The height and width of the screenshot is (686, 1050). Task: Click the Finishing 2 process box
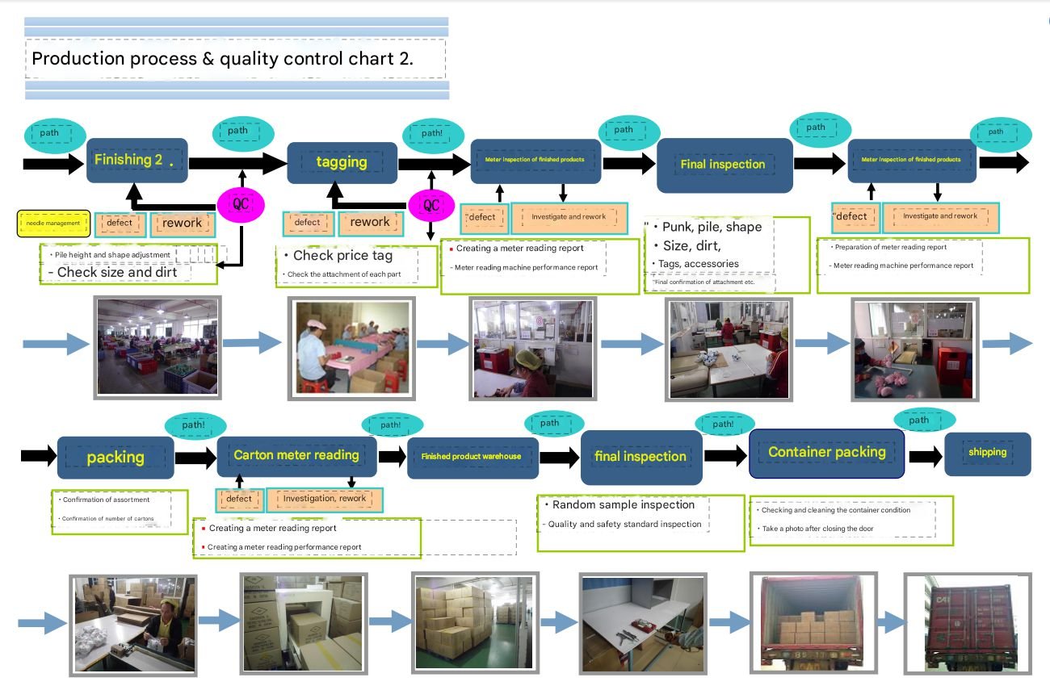pyautogui.click(x=137, y=160)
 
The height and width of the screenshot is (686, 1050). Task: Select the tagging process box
pyautogui.click(x=342, y=162)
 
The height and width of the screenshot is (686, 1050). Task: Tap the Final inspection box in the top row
pyautogui.click(x=723, y=165)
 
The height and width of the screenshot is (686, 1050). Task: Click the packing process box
pyautogui.click(x=115, y=458)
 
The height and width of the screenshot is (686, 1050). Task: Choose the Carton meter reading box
pyautogui.click(x=296, y=455)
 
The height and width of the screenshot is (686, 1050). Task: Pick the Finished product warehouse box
pyautogui.click(x=472, y=457)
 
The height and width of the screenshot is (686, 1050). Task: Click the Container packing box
pyautogui.click(x=826, y=452)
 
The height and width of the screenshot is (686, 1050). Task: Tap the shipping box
pyautogui.click(x=987, y=452)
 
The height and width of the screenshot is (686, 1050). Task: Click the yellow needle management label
pyautogui.click(x=53, y=223)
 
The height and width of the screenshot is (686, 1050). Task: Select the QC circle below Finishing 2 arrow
pyautogui.click(x=241, y=203)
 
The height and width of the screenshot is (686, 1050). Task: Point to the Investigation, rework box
pyautogui.click(x=325, y=499)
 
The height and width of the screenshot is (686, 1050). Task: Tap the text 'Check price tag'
pyautogui.click(x=342, y=256)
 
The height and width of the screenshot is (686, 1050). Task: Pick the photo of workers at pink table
pyautogui.click(x=350, y=349)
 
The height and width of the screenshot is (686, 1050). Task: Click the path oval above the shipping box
pyautogui.click(x=918, y=420)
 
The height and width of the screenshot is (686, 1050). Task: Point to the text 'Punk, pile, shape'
pyautogui.click(x=712, y=228)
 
